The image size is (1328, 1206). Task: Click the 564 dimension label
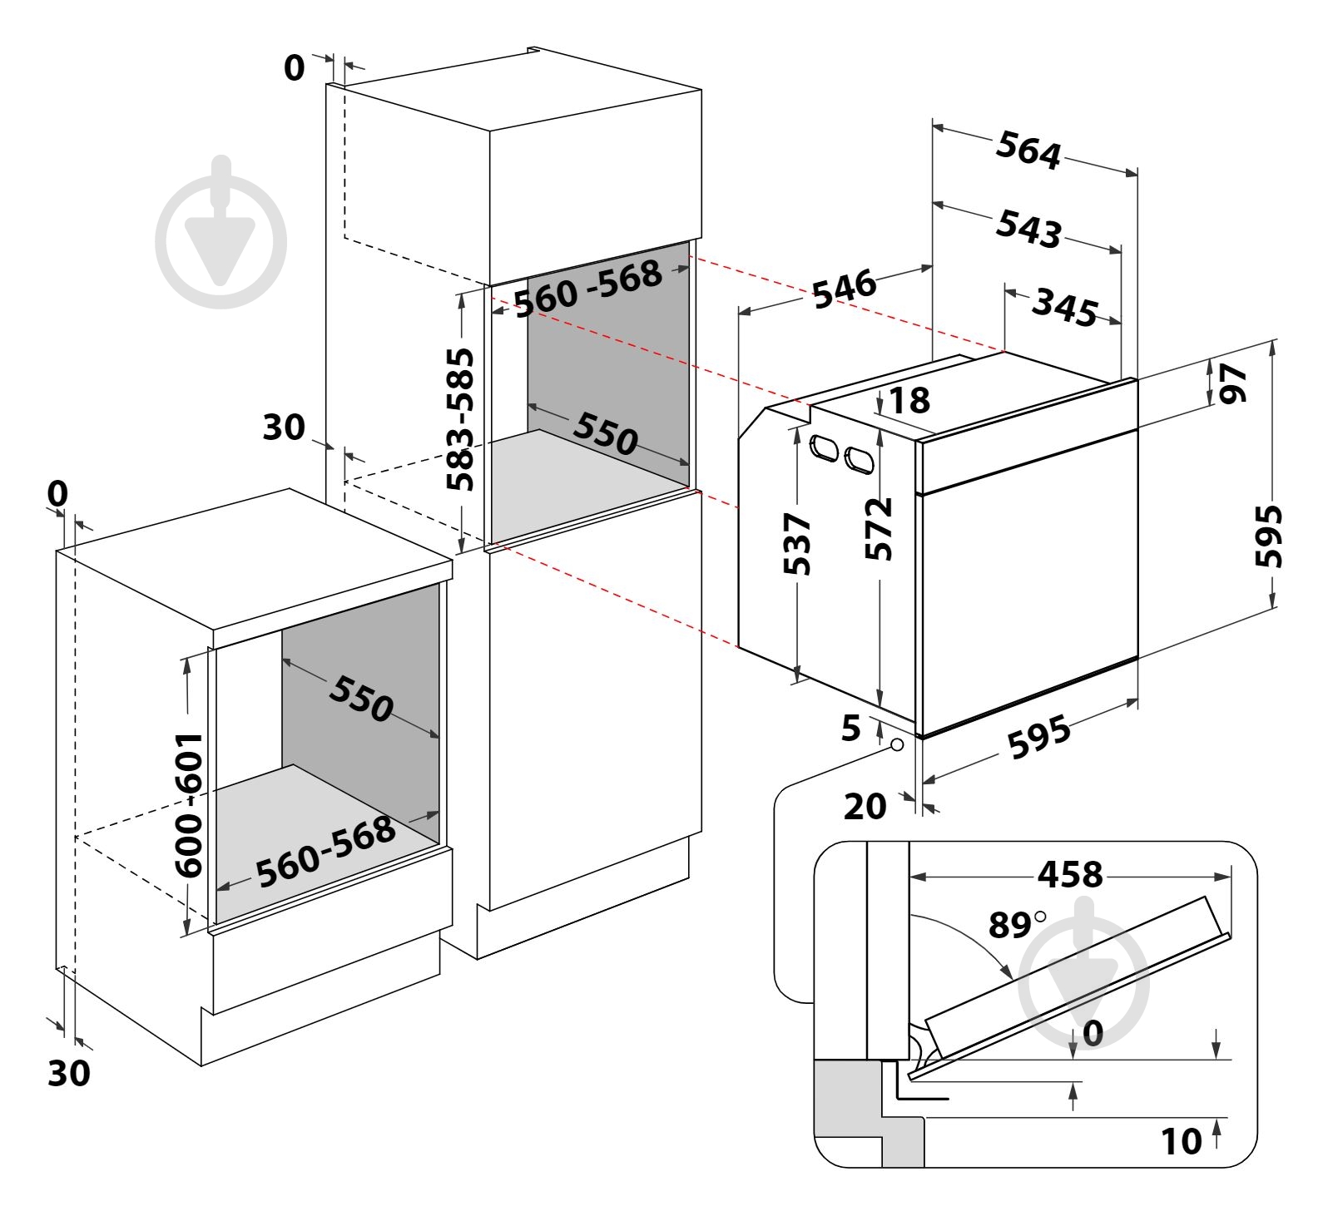(1029, 151)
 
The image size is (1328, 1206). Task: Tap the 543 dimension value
(1029, 228)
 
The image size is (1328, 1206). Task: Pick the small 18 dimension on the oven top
(909, 400)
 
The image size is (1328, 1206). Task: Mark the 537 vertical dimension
(797, 544)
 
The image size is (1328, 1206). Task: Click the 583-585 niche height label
(459, 419)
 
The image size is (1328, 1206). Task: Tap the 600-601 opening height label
(190, 804)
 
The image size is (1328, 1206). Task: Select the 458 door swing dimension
(1069, 874)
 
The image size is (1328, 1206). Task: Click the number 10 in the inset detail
(1182, 1141)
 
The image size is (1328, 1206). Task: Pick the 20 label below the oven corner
(865, 806)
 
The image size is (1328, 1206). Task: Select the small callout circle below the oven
(896, 744)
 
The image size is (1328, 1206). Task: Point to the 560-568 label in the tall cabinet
(588, 288)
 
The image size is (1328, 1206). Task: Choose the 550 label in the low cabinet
(360, 697)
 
